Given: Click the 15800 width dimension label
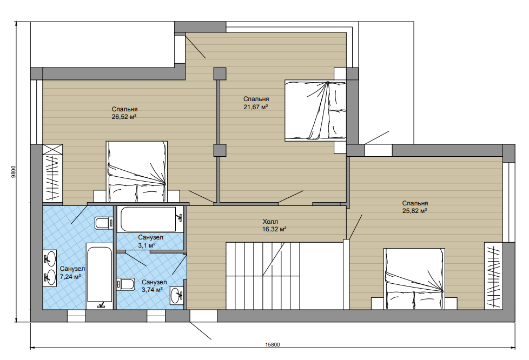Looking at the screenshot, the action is (x=273, y=344).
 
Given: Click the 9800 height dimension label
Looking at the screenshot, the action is (x=14, y=172).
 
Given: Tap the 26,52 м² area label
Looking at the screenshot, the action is (x=124, y=117).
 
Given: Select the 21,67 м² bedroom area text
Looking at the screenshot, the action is (x=256, y=106).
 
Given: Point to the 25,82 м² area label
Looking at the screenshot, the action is (x=415, y=211).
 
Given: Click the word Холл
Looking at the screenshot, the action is (x=270, y=222).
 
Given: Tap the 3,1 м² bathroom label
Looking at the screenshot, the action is (x=147, y=245).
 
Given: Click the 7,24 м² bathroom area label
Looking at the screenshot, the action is (x=70, y=277).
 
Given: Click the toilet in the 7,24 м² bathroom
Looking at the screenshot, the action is (x=103, y=223).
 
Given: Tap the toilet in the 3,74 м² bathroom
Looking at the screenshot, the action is (x=125, y=284).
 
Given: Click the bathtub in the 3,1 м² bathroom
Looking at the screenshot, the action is (x=150, y=219).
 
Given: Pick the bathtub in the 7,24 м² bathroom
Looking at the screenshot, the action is (x=99, y=276).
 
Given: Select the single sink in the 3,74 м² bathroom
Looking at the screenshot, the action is (x=177, y=296).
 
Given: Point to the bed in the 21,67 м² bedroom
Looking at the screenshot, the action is (x=315, y=110).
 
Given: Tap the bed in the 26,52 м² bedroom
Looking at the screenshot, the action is (x=137, y=171).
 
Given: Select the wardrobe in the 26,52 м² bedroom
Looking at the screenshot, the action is (x=52, y=174).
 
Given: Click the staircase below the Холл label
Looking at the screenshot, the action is (x=262, y=275).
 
